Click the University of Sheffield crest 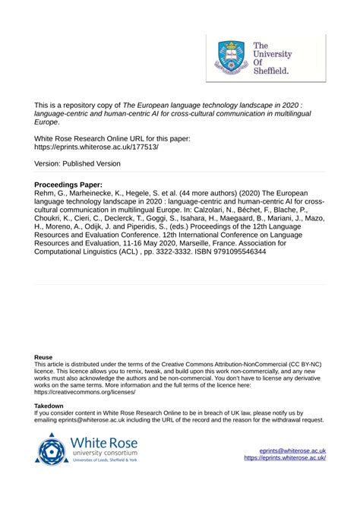tap(231, 57)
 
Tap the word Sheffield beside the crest tap(270, 72)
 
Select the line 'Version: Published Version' tap(77, 163)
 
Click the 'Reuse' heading tap(43, 356)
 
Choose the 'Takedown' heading tap(49, 406)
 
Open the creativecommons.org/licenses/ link tap(85, 392)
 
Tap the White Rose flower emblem tap(53, 449)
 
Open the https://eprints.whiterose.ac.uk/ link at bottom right tap(286, 458)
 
